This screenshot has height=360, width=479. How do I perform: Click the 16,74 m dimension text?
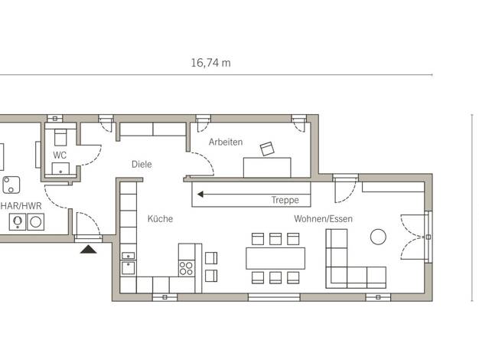click(210, 63)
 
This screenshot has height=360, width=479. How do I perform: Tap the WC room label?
click(60, 155)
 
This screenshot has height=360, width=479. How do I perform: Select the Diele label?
click(142, 164)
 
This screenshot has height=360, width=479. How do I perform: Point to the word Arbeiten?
click(226, 142)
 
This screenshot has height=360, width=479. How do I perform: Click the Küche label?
click(160, 219)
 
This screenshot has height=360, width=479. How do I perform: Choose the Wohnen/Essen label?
click(323, 219)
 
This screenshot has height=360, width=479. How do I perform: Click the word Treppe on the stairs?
click(285, 200)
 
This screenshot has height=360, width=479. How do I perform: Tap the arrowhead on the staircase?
click(200, 195)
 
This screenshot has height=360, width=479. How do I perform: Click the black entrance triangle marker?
click(89, 250)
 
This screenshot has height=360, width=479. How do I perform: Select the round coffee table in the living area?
click(378, 237)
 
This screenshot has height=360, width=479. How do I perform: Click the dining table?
click(275, 258)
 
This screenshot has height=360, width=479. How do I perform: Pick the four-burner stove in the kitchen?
click(186, 268)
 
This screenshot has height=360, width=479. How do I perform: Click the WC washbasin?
click(60, 169)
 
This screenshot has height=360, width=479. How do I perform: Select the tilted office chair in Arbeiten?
click(267, 149)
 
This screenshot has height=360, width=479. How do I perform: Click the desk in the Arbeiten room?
click(267, 168)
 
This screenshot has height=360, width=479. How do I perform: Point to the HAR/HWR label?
click(21, 206)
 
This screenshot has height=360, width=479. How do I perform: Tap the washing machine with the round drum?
click(36, 222)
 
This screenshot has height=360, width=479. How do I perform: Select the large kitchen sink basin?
click(129, 268)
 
